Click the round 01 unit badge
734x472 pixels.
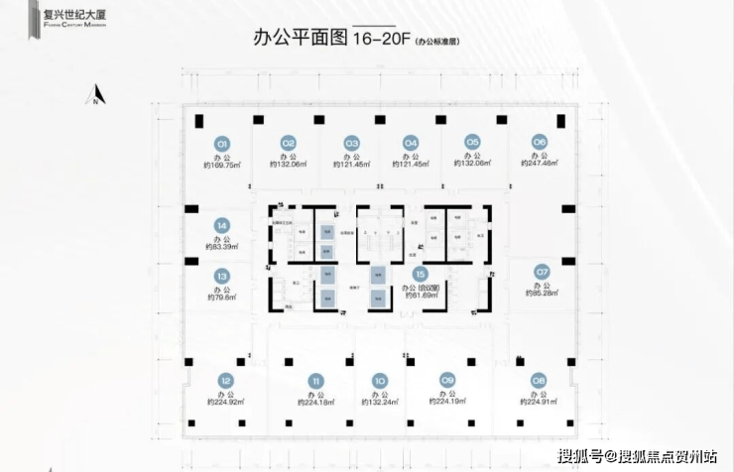click(223, 142)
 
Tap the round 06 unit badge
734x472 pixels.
click(540, 141)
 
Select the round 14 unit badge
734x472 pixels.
click(222, 225)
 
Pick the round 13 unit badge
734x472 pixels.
click(222, 277)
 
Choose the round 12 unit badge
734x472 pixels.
click(226, 380)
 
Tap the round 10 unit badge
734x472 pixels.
click(379, 379)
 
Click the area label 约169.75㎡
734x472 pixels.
click(222, 166)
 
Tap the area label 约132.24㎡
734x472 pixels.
click(379, 404)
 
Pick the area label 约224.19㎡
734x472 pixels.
click(447, 404)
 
